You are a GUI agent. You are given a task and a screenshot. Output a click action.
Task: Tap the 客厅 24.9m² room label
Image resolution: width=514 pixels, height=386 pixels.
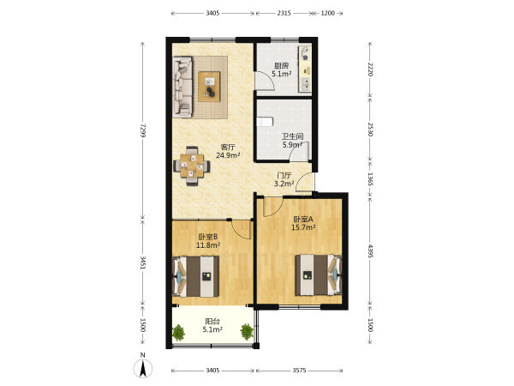pos(228,151)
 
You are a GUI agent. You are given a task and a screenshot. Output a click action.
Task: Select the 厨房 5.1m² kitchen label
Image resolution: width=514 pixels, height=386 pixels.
pos(282,70)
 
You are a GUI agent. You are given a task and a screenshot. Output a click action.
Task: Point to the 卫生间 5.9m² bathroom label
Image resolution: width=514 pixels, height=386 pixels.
pos(292,141)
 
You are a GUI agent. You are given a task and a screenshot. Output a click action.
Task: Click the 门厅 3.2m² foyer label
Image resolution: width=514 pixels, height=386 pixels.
pos(284,179)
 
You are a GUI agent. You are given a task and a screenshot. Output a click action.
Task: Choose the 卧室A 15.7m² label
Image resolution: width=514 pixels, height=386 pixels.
pos(303,223)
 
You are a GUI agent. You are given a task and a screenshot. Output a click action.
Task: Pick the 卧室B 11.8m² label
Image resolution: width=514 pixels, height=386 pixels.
pos(208,240)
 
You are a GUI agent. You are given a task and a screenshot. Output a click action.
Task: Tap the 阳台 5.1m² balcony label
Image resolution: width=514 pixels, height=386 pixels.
pos(212,325)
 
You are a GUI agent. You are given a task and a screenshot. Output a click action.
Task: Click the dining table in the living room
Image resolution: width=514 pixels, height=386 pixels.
pos(192,166)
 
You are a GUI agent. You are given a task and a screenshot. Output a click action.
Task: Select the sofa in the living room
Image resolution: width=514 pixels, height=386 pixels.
pos(182,87)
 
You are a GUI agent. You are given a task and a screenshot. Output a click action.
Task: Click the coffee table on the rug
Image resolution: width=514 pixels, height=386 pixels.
pos(209,87)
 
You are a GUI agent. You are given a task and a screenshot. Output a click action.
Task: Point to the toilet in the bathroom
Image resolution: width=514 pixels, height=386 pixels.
pos(265,122)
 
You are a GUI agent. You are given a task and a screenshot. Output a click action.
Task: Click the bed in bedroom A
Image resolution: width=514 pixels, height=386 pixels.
pos(319,275)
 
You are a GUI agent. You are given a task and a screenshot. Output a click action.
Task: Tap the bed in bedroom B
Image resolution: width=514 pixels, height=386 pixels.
pos(195,276)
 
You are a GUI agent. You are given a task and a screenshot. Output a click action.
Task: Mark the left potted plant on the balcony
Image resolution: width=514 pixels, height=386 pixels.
pos(178,332)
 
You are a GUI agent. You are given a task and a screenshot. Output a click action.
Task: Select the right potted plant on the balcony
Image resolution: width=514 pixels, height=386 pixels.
pos(247,331)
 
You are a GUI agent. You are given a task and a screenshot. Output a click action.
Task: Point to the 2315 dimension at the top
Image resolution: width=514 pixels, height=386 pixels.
pos(284,13)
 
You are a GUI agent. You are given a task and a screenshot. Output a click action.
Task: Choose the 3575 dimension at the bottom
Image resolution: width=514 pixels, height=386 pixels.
pos(299,371)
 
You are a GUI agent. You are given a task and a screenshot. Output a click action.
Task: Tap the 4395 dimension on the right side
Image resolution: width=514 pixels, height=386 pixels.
pos(370,250)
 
